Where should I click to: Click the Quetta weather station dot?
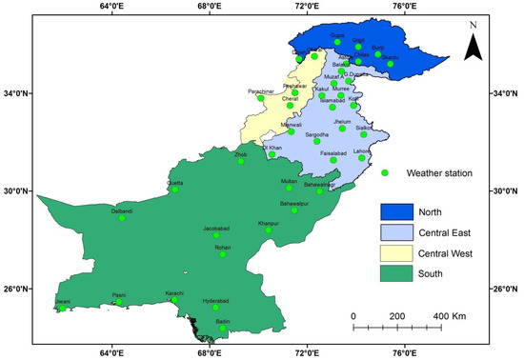click(x=174, y=189)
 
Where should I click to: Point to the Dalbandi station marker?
click(x=122, y=218)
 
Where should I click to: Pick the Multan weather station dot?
click(x=289, y=188)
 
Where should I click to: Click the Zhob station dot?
click(x=241, y=161)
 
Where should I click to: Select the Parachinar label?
click(x=260, y=91)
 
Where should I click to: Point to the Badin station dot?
click(x=223, y=329)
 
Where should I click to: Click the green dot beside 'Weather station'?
click(x=384, y=172)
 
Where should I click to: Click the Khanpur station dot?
click(x=269, y=230)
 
